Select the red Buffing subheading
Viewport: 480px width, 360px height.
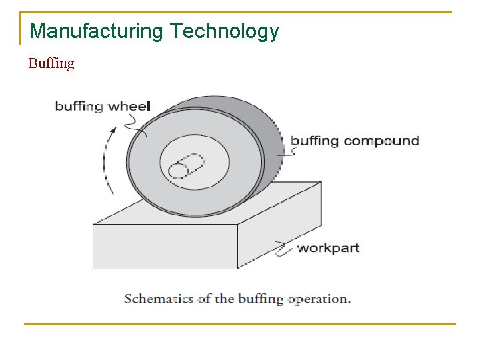click(51, 64)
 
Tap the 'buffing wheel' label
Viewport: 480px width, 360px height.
click(103, 106)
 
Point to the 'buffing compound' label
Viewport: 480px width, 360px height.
click(355, 141)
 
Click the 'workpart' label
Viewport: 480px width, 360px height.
click(328, 248)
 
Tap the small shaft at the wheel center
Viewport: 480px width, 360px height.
click(186, 165)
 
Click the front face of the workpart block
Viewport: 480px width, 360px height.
click(165, 246)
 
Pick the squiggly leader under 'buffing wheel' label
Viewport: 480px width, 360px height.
click(136, 123)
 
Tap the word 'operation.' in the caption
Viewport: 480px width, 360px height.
click(319, 299)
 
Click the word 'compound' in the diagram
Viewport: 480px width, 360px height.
click(381, 141)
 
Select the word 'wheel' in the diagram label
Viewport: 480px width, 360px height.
click(130, 106)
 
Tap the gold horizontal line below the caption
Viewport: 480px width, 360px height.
click(240, 324)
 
